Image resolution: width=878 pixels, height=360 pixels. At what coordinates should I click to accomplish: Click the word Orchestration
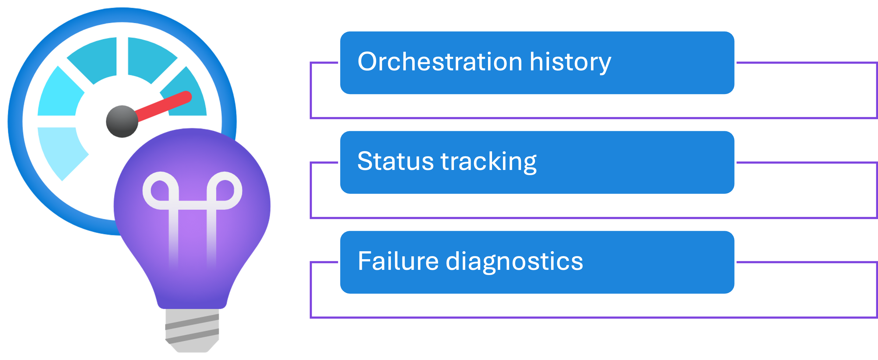[x=440, y=62]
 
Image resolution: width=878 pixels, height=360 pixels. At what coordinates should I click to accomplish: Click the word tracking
[x=489, y=162]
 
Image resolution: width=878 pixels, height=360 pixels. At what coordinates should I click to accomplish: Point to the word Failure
[x=398, y=261]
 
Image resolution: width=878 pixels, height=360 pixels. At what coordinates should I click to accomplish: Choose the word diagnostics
[x=514, y=262]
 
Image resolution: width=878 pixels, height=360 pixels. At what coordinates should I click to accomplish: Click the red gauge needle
[x=164, y=106]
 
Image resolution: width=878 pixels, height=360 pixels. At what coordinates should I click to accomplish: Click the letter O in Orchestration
[x=368, y=62]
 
